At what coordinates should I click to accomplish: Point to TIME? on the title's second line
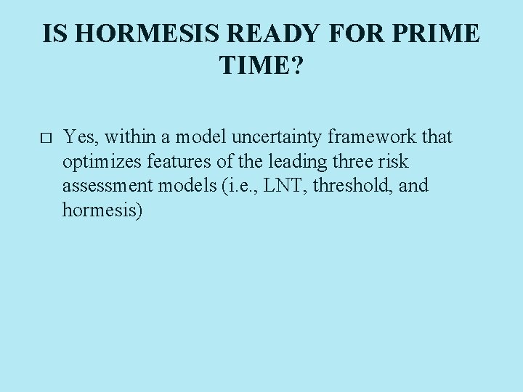261,68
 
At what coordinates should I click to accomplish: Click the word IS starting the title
52,33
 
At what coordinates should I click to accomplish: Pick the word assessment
108,186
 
